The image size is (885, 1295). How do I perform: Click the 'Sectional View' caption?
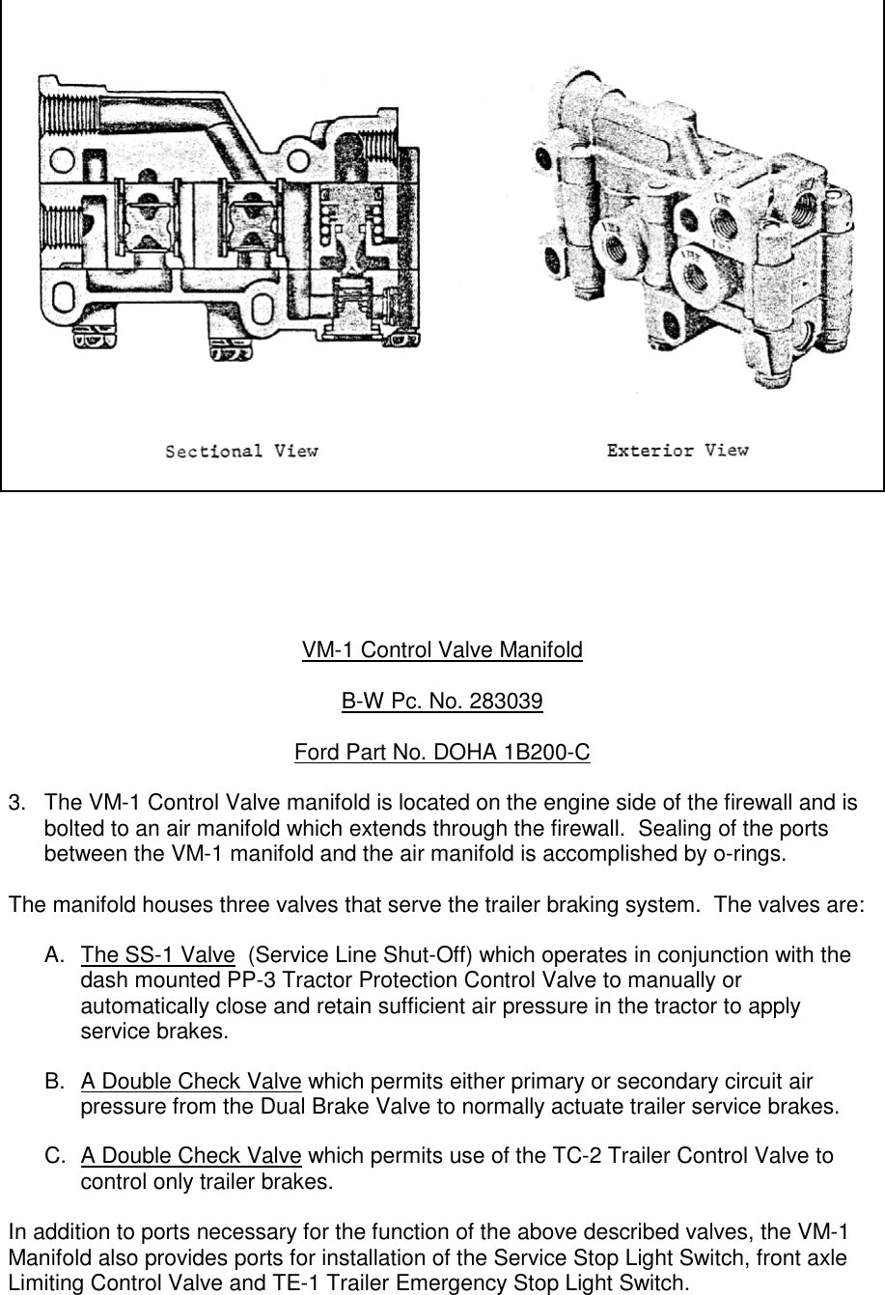click(x=241, y=451)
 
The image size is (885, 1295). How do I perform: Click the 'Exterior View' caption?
click(x=677, y=450)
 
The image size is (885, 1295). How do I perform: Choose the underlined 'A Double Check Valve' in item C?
click(x=190, y=1156)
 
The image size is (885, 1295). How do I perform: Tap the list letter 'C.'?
click(x=55, y=1156)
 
